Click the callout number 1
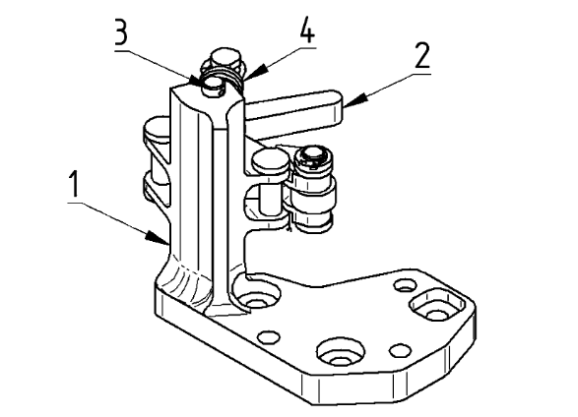point(75,184)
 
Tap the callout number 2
point(422,55)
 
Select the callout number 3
point(121,31)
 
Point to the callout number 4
point(307,31)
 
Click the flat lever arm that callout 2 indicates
point(294,111)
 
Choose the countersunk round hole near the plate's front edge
point(341,351)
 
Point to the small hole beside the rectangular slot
point(405,285)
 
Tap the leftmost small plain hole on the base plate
point(269,336)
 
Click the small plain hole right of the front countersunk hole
point(401,350)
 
